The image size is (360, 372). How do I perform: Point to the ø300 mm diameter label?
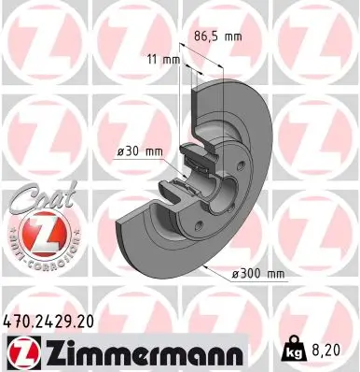pyautogui.click(x=258, y=274)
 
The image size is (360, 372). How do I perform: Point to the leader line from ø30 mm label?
pyautogui.click(x=177, y=152)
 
